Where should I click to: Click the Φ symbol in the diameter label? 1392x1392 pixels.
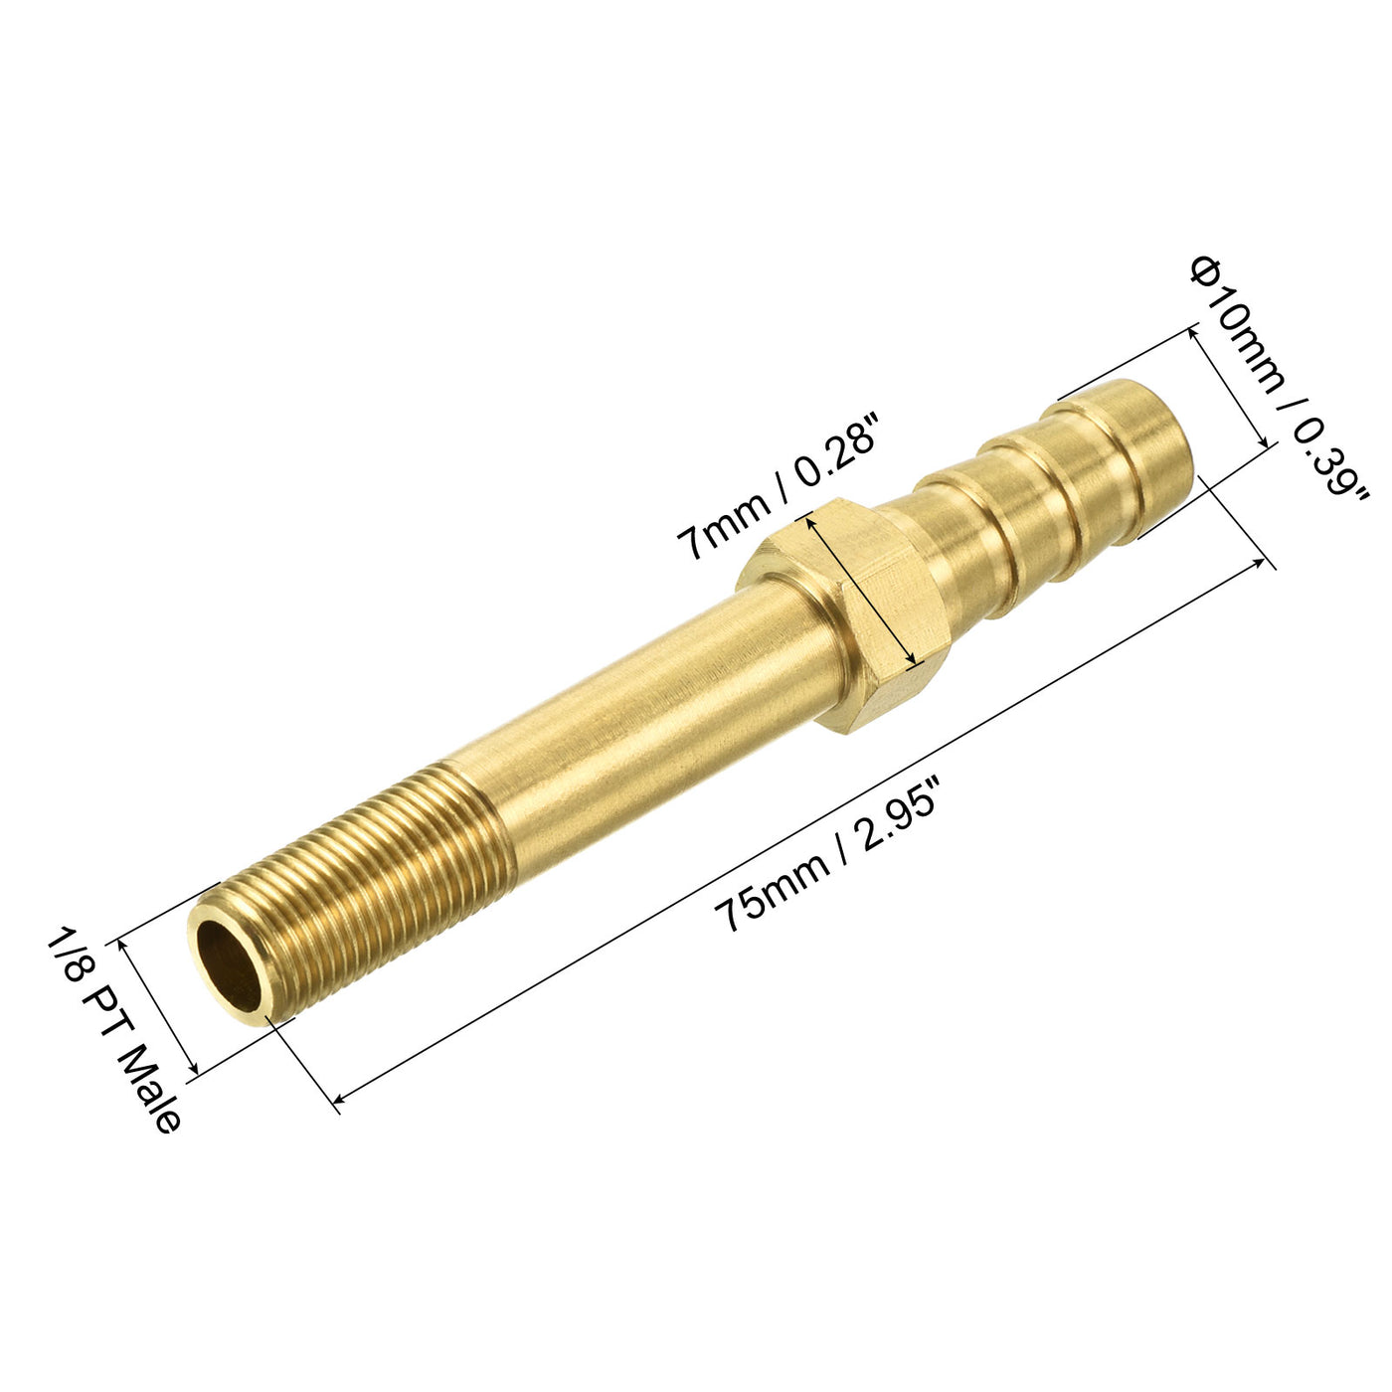(1205, 270)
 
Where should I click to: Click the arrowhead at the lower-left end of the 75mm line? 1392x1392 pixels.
(340, 1098)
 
